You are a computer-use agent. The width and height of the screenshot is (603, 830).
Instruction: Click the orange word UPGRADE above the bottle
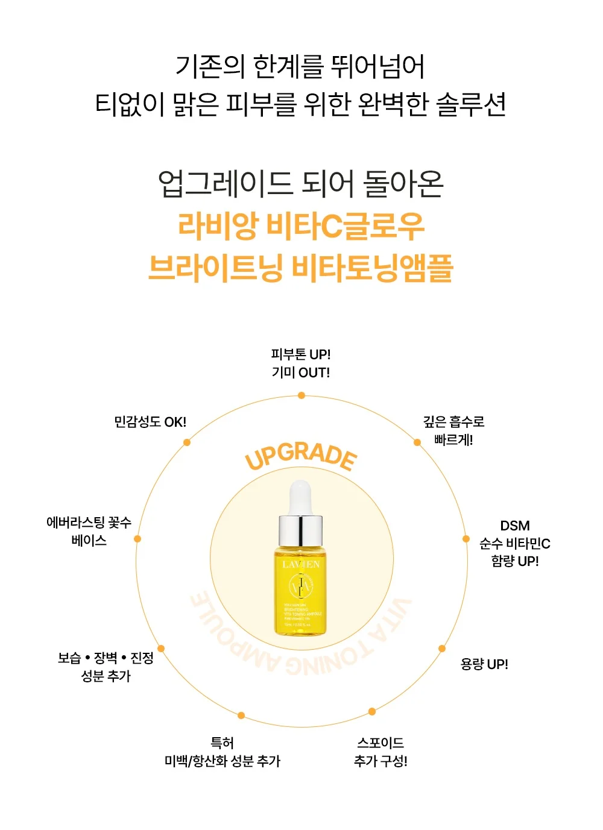click(x=301, y=458)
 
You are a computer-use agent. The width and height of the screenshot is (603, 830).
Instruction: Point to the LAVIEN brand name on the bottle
click(x=301, y=565)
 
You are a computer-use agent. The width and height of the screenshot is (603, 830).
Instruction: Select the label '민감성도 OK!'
click(x=150, y=422)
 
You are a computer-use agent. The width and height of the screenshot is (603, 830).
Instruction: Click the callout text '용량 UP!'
click(x=484, y=664)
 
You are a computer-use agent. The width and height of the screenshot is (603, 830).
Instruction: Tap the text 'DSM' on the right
click(x=515, y=526)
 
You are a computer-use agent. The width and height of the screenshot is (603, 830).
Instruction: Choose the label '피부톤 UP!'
click(x=301, y=354)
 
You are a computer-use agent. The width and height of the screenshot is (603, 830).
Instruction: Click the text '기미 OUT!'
click(x=301, y=373)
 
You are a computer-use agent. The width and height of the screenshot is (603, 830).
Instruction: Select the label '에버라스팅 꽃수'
click(x=89, y=523)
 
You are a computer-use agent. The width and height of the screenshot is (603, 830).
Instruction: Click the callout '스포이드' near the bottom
click(x=380, y=743)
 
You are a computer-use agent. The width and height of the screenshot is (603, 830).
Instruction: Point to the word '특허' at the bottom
click(x=222, y=743)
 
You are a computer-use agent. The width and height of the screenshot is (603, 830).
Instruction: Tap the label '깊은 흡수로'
click(x=453, y=422)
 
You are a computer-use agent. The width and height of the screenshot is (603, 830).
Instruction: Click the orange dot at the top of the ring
click(x=301, y=395)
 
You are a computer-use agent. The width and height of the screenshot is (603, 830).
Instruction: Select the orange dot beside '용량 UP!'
click(x=442, y=649)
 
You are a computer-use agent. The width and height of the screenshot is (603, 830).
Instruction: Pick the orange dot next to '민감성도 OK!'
click(x=187, y=442)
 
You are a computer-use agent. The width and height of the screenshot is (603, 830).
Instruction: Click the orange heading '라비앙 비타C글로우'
click(x=301, y=226)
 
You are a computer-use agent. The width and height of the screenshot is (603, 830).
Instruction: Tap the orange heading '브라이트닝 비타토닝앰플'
click(x=301, y=268)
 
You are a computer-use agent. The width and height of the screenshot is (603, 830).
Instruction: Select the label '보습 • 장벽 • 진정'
click(x=106, y=658)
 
